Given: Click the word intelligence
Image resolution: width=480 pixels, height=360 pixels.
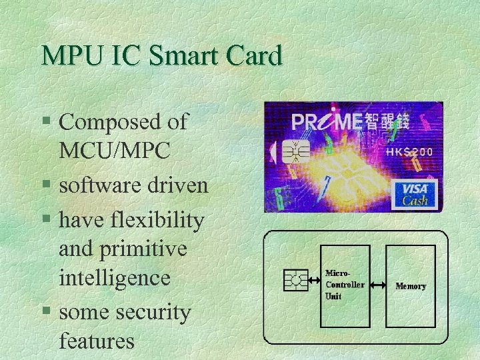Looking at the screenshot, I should (x=115, y=279).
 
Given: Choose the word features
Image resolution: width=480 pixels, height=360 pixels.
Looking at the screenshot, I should (x=97, y=341).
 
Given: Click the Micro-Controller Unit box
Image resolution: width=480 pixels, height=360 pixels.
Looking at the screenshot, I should (x=345, y=285).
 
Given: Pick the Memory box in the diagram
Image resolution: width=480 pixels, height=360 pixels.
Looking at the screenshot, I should (x=411, y=285).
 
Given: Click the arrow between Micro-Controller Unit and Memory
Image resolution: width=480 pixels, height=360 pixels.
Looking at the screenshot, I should (x=378, y=285).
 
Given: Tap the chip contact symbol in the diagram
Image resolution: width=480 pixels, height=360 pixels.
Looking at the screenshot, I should (x=295, y=281).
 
